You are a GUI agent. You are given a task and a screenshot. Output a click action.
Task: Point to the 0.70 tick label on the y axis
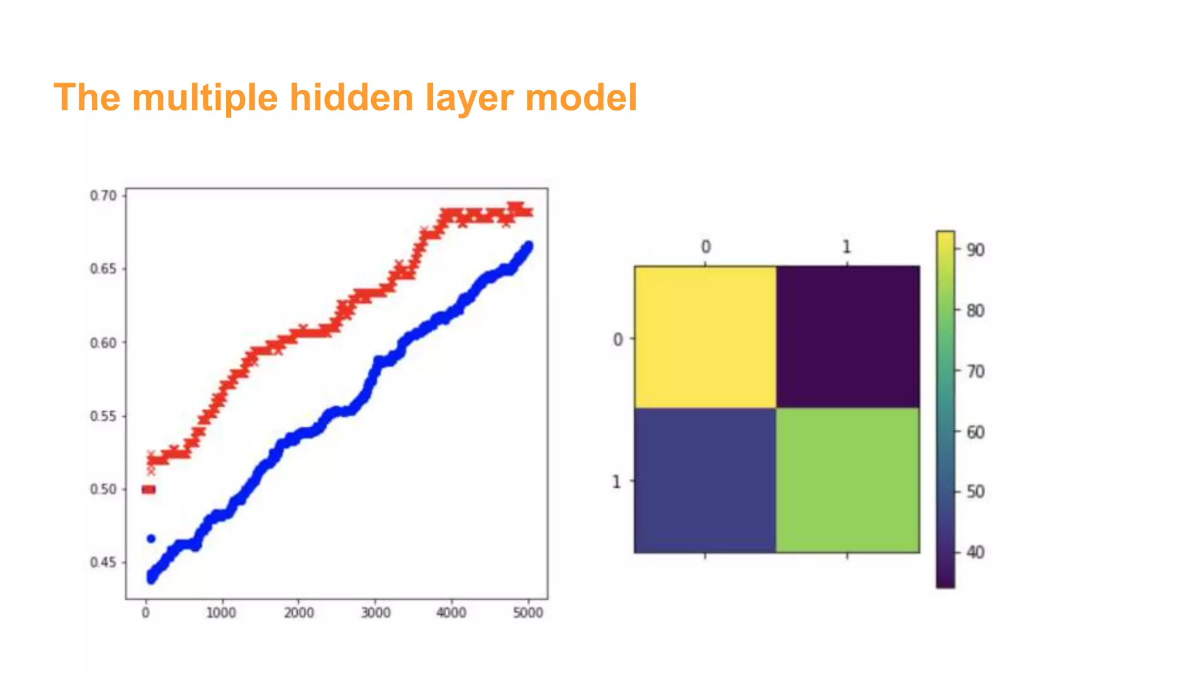point(103,195)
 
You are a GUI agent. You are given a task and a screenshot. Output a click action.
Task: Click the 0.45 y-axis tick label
point(103,563)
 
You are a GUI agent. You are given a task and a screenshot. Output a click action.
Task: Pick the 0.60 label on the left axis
point(103,343)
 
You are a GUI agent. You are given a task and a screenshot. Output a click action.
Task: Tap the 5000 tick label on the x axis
point(528,613)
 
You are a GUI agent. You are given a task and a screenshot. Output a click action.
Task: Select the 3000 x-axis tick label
point(375,613)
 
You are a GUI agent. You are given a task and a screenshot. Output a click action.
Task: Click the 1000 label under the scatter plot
point(222,613)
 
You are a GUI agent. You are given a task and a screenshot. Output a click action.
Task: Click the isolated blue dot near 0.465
point(151,539)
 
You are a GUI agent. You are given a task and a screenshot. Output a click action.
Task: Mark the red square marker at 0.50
point(149,489)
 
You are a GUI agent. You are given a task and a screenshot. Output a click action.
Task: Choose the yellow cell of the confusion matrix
point(705,337)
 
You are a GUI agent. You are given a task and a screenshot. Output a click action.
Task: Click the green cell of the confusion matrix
point(847,480)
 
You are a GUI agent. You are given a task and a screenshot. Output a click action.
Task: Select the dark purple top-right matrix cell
point(847,337)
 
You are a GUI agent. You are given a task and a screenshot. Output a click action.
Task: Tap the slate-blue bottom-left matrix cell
point(705,480)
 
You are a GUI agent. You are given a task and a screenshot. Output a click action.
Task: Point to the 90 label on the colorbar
point(975,250)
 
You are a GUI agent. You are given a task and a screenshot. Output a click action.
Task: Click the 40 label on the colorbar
point(975,552)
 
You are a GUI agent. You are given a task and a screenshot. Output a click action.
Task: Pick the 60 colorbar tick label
point(975,432)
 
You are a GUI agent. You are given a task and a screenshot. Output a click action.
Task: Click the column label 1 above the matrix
point(846,247)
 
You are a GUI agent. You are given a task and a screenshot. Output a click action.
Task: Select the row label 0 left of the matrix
point(618,339)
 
